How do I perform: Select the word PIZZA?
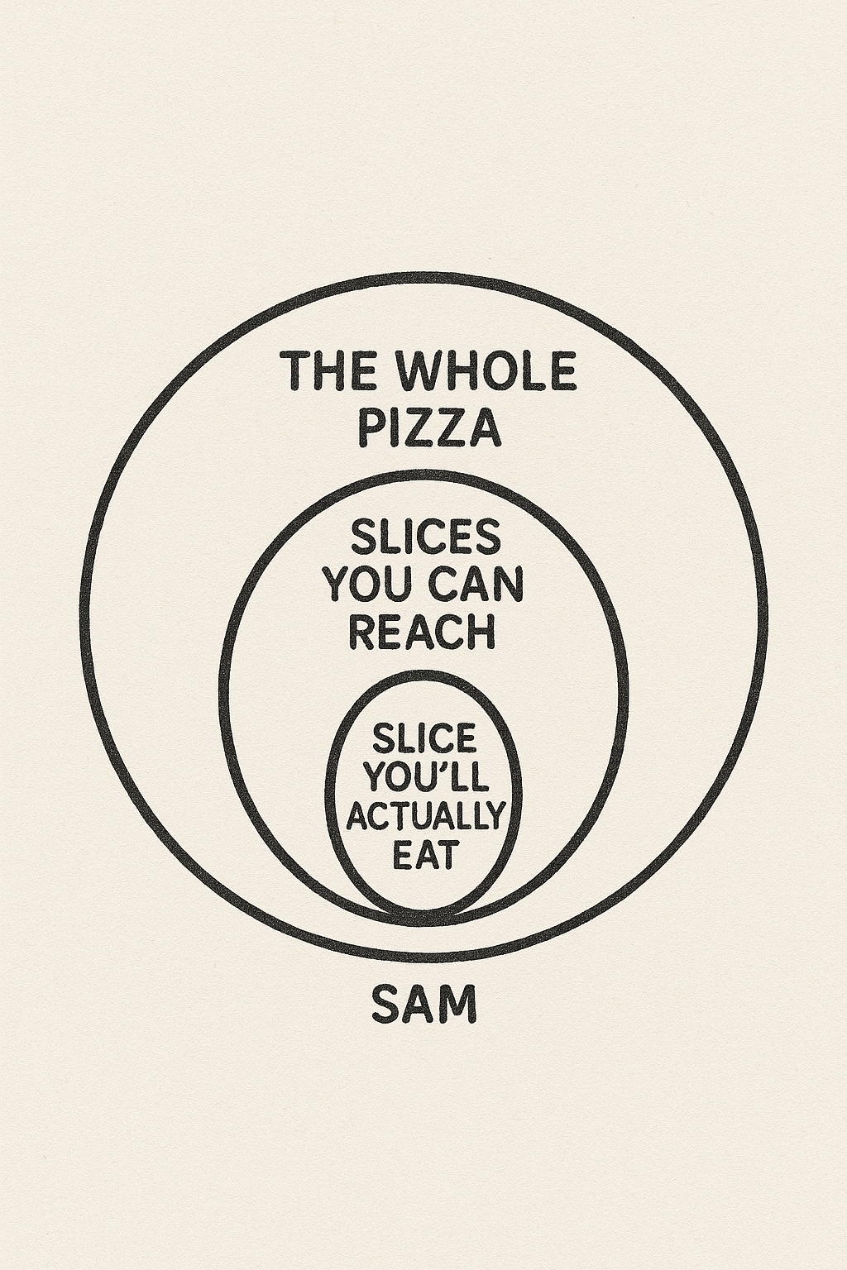[428, 428]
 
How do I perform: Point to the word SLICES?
[426, 537]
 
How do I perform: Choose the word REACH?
[423, 633]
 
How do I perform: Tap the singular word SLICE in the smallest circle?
[425, 737]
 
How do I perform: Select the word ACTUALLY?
[424, 816]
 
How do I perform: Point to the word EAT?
[423, 855]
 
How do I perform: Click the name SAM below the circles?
[424, 1005]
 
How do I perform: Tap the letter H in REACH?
[481, 633]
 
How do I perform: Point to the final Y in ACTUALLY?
[492, 816]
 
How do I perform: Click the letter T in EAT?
[444, 855]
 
